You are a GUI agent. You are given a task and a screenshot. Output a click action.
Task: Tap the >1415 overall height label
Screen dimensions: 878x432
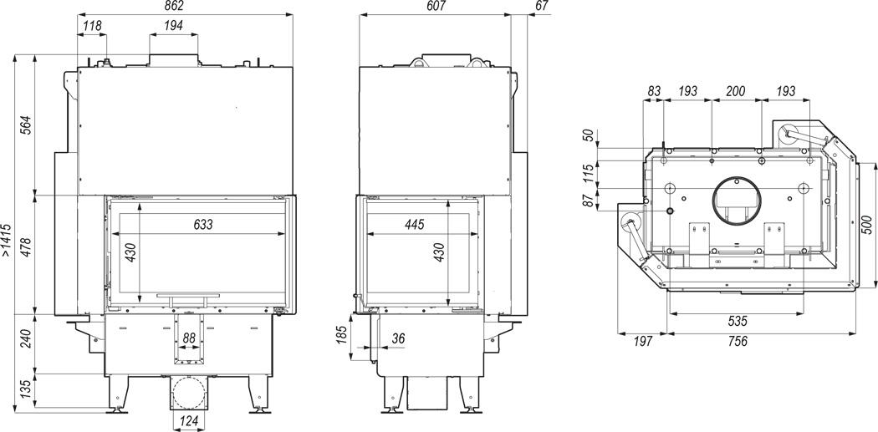click(x=6, y=240)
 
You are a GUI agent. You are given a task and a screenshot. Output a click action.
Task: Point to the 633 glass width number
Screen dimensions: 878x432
click(x=203, y=225)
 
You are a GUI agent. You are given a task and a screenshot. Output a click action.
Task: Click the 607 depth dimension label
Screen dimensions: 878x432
click(x=435, y=6)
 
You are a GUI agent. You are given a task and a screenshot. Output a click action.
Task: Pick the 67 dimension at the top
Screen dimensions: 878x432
click(x=542, y=6)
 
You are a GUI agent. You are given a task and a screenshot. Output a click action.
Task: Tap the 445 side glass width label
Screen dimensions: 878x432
click(x=414, y=225)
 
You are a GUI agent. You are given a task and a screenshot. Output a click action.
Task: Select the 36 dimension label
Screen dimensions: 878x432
click(x=399, y=338)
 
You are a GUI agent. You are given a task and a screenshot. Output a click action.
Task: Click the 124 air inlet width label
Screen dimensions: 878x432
click(x=190, y=420)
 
